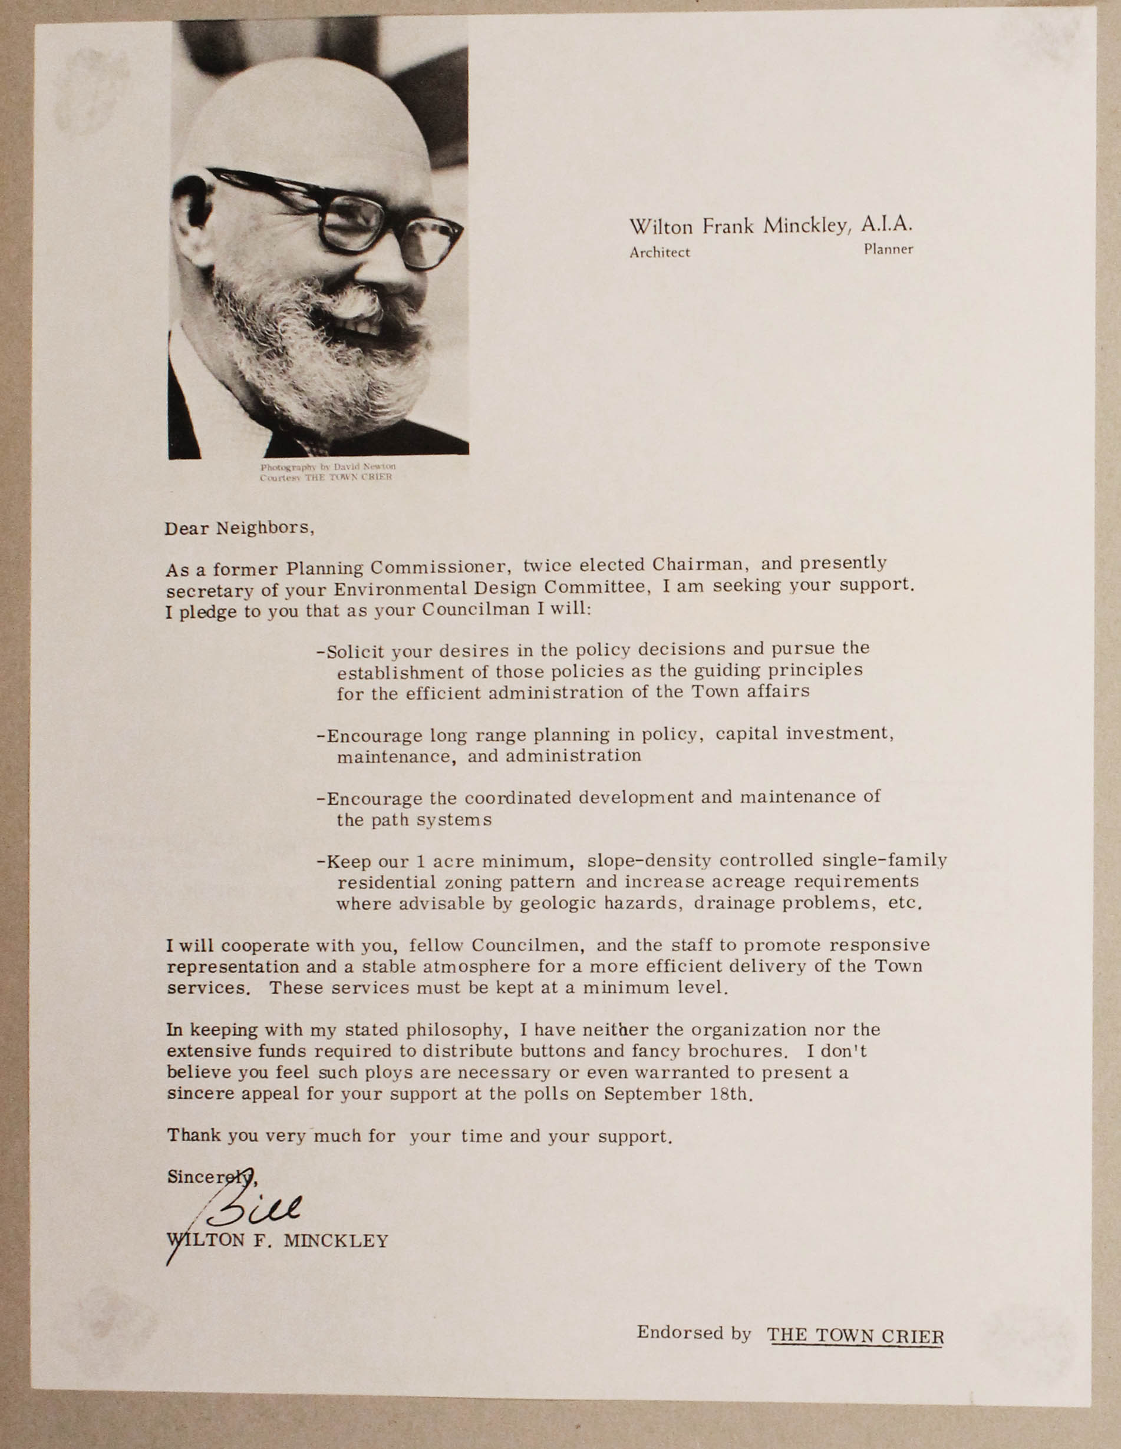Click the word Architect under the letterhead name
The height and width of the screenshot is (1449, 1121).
(x=659, y=253)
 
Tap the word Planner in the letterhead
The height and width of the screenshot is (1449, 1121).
(x=888, y=250)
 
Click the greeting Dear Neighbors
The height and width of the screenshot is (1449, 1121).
(x=238, y=528)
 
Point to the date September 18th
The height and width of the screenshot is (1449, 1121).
(x=678, y=1094)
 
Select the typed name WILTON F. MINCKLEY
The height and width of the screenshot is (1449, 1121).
(x=278, y=1240)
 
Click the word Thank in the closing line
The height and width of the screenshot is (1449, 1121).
(x=194, y=1135)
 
